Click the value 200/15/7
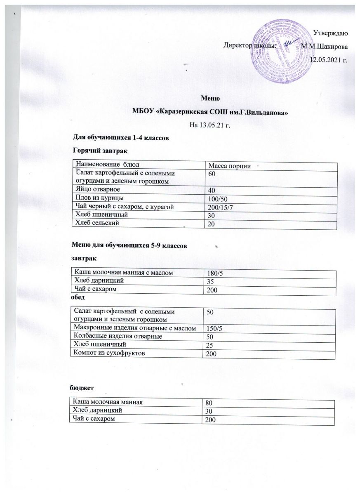click(221, 207)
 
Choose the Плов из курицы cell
click(97, 198)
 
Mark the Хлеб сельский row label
click(95, 223)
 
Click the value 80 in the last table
click(210, 403)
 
